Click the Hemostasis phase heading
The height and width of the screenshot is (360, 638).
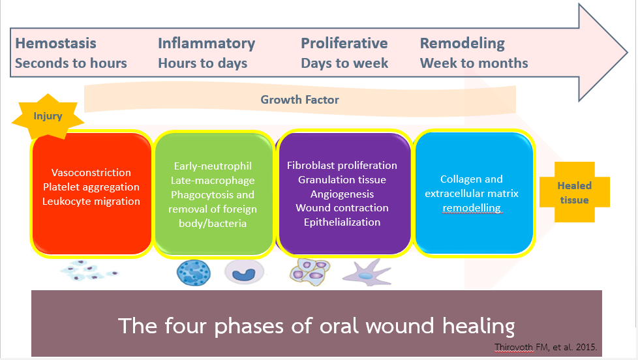point(55,43)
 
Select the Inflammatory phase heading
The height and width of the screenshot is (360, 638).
point(206,44)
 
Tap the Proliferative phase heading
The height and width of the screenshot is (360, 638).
point(344,43)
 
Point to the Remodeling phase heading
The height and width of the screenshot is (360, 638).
point(463,44)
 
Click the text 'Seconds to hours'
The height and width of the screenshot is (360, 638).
point(71,63)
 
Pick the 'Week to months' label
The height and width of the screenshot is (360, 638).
point(474,63)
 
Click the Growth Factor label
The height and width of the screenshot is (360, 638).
point(300,100)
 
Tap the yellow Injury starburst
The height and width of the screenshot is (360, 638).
point(48,116)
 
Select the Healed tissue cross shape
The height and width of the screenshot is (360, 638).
point(575,192)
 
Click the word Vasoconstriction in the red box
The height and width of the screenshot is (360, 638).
point(91,172)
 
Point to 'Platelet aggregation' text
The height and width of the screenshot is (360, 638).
point(91,187)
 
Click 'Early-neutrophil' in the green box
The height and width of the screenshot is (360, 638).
point(213,166)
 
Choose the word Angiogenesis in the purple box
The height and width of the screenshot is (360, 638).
point(342,194)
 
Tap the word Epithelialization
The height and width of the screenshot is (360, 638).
point(342,222)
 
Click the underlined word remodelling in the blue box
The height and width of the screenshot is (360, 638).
point(472,208)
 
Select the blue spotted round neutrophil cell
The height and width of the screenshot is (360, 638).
point(194,273)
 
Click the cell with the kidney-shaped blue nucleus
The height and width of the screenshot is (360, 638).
point(244,272)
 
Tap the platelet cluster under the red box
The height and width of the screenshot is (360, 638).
point(89,271)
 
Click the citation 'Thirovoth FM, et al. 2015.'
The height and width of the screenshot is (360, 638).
point(545,348)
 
